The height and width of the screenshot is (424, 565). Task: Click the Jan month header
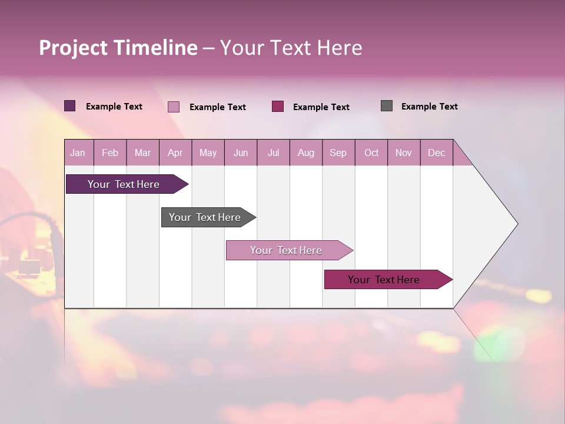click(78, 153)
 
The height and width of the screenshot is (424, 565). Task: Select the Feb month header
click(110, 153)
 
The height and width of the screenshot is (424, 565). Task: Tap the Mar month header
click(142, 153)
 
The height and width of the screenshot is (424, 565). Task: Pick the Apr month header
click(175, 153)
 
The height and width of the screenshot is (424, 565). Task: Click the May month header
click(208, 153)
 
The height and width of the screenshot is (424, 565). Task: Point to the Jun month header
click(241, 153)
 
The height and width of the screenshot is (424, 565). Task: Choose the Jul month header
click(273, 153)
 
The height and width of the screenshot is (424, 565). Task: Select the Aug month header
click(306, 153)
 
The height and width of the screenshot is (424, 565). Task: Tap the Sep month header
click(338, 153)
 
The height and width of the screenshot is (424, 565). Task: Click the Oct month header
click(371, 153)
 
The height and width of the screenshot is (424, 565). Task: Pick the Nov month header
click(404, 153)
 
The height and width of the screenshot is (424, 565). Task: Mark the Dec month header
click(437, 153)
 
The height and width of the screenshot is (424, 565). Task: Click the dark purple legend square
click(70, 106)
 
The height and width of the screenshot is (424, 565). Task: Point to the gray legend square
click(387, 106)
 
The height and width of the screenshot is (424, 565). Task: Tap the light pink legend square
click(174, 107)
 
